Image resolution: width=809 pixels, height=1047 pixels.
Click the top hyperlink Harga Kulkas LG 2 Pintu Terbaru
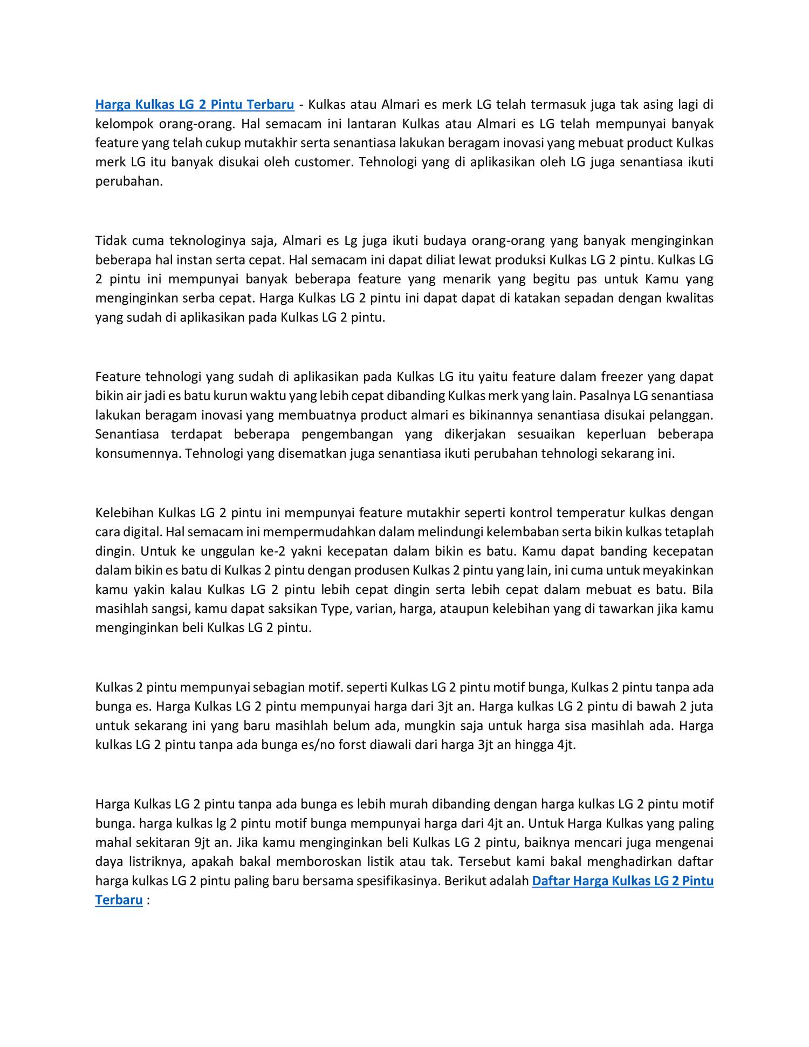(x=195, y=104)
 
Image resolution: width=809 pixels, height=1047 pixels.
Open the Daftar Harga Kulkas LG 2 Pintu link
(x=622, y=880)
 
